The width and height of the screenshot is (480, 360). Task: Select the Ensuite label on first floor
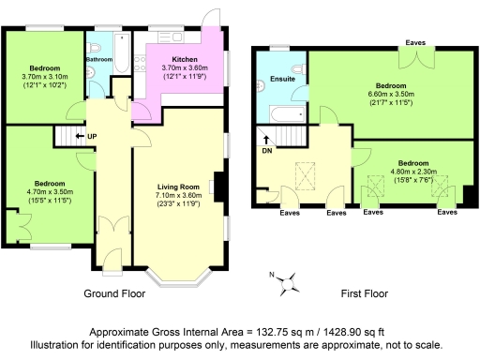tap(282, 79)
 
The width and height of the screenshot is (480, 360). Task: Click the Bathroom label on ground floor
tap(99, 58)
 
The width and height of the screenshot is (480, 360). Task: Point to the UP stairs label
tap(92, 137)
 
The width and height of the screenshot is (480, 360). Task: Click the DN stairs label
tap(266, 150)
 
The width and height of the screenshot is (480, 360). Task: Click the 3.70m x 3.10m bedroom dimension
tap(45, 77)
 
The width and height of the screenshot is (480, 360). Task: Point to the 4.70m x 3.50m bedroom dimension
tap(49, 191)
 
